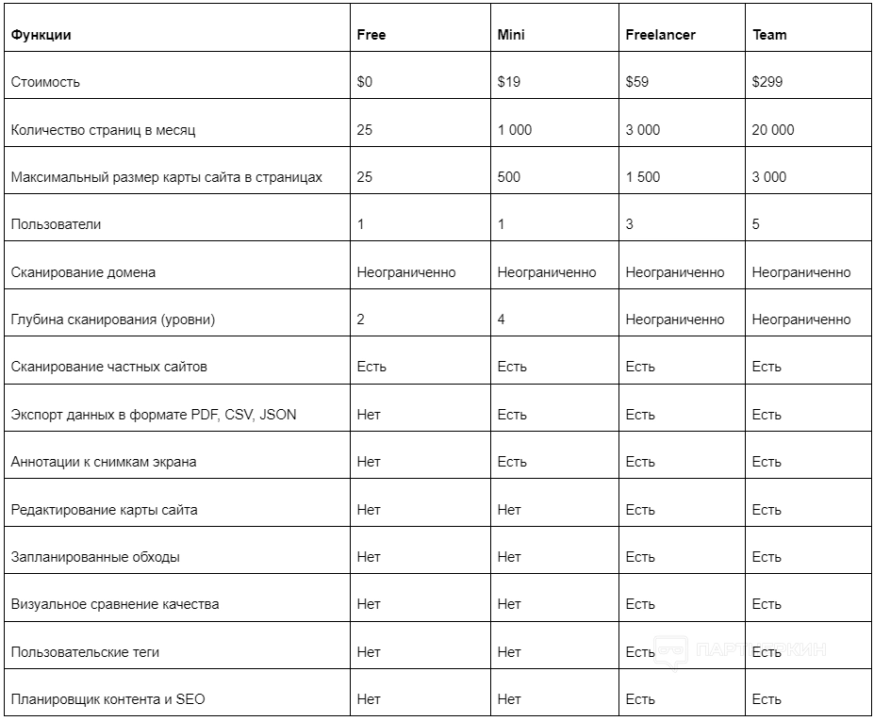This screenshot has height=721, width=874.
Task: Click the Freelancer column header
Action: click(x=660, y=35)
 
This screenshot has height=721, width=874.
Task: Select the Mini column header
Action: click(x=511, y=35)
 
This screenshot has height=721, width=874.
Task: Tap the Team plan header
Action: click(x=769, y=35)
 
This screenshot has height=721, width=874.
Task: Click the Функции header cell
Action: click(x=41, y=35)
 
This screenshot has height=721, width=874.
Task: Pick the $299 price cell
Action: click(x=767, y=82)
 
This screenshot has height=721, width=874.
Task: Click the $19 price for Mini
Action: click(x=509, y=82)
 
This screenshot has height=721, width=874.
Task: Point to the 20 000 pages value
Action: click(x=773, y=130)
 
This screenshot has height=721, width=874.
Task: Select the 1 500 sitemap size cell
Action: click(x=643, y=177)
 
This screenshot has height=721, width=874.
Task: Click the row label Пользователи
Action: click(x=56, y=224)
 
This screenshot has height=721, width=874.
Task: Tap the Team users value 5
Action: click(x=756, y=224)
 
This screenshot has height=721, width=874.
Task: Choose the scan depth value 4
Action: click(x=502, y=320)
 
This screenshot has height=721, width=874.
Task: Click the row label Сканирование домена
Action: click(x=83, y=272)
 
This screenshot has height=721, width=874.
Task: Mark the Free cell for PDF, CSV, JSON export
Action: click(x=369, y=415)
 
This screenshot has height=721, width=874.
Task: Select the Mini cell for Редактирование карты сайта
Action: click(x=509, y=510)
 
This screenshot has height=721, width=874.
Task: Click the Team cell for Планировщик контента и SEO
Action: click(x=767, y=699)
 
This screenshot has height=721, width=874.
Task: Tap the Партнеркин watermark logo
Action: click(x=741, y=650)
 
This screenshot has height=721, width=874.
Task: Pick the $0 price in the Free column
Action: click(x=365, y=82)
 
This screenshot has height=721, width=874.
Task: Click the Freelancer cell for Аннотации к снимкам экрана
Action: click(x=640, y=462)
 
